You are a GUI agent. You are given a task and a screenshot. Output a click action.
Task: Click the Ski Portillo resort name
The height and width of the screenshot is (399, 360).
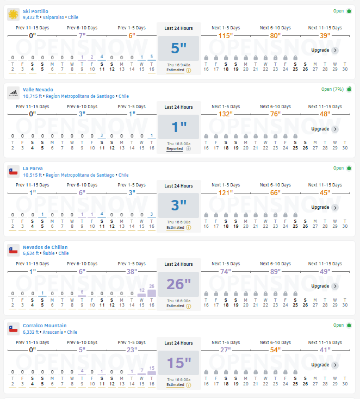pos(35,11)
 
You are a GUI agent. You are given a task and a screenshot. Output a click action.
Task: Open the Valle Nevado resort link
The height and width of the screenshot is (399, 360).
pos(38,90)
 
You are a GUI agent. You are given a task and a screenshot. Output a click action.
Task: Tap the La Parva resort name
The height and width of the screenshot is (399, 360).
pos(33,169)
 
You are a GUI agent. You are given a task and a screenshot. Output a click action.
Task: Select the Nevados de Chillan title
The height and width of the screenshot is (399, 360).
pos(45,247)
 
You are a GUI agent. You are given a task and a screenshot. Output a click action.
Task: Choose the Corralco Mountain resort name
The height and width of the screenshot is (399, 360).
pos(45,326)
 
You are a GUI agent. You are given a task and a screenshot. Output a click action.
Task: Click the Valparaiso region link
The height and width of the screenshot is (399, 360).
pos(53,17)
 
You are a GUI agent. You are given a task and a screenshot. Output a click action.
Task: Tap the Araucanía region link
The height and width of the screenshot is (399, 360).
pos(53,332)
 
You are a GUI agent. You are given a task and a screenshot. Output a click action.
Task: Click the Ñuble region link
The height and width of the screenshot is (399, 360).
pos(48,253)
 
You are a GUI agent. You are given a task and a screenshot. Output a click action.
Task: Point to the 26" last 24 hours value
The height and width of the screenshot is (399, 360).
pos(178,284)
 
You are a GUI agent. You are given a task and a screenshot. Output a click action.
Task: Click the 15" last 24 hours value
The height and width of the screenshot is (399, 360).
pos(179,363)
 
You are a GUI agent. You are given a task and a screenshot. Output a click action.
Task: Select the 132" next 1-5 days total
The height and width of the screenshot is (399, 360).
pos(226,114)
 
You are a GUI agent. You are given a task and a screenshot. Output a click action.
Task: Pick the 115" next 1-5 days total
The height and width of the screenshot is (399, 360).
pos(226,36)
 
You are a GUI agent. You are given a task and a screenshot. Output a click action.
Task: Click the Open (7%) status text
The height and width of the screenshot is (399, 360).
pos(332,89)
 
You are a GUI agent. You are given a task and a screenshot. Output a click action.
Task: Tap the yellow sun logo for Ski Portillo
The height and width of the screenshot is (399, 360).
pos(13,14)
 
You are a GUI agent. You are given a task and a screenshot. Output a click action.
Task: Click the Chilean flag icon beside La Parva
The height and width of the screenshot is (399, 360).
pos(13,172)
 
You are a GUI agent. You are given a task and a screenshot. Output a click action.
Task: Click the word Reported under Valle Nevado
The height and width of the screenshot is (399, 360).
pos(175,149)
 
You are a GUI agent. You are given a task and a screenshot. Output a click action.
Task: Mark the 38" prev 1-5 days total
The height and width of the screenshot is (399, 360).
pos(132,271)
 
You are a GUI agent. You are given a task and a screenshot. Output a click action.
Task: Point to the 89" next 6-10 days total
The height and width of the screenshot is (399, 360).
pos(275,271)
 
